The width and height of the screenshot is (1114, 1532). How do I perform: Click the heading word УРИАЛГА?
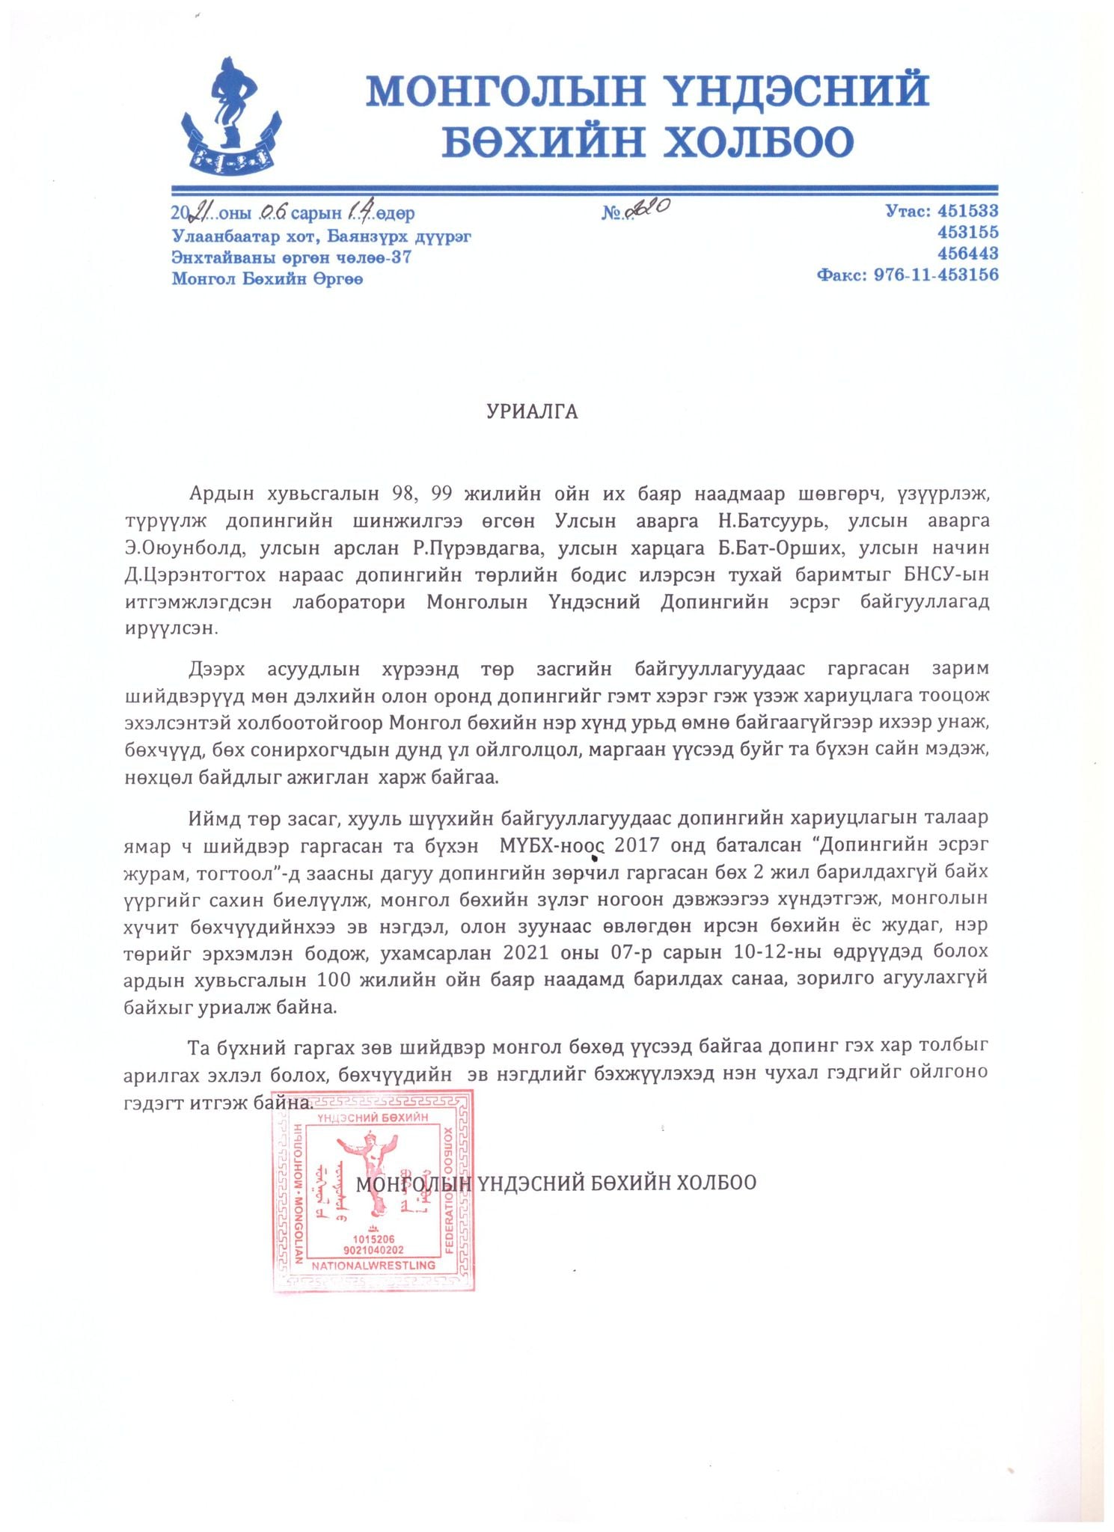(x=532, y=413)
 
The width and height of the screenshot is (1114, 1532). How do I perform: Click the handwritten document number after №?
(x=648, y=211)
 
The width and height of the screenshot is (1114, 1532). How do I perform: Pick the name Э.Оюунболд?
(x=184, y=548)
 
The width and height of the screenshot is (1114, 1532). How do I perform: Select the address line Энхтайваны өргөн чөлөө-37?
(x=292, y=258)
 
